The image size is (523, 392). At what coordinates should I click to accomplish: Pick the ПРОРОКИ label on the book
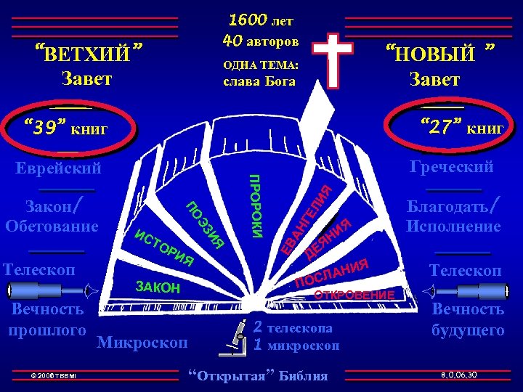click(x=256, y=206)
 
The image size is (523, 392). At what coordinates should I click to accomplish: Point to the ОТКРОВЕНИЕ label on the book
click(x=354, y=295)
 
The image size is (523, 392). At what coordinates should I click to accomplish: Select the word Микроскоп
click(x=142, y=340)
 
